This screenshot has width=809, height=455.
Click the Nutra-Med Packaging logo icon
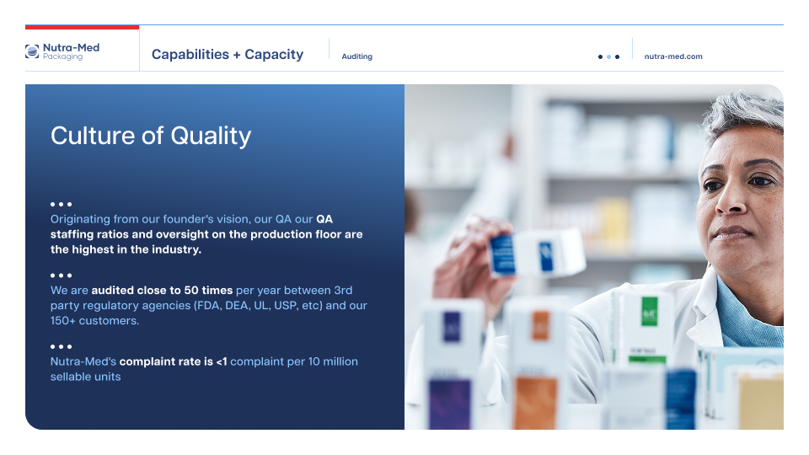(32, 51)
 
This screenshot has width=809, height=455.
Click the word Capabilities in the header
(190, 54)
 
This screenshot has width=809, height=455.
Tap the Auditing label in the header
(356, 56)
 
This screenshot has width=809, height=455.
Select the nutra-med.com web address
(673, 56)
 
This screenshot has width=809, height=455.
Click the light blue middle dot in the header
(608, 56)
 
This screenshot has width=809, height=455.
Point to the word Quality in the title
(211, 136)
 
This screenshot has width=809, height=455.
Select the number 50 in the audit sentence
(191, 291)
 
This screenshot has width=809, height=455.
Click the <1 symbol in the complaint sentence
(222, 361)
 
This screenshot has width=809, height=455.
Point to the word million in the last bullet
(340, 361)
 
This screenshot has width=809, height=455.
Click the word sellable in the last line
(70, 377)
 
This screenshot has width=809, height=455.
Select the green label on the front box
(649, 311)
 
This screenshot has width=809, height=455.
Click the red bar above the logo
(82, 27)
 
